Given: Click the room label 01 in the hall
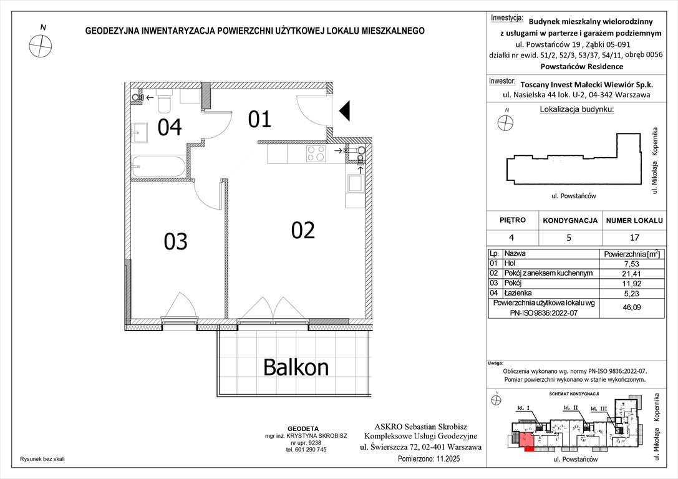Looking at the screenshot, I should (x=259, y=119).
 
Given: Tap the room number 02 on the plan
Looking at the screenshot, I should (x=303, y=230).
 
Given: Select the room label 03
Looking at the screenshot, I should (x=175, y=241).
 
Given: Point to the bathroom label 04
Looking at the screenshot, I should (x=169, y=127).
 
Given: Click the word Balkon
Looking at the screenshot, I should (x=296, y=367).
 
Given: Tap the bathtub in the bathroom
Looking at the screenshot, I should (x=158, y=167).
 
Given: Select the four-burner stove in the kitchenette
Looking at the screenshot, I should (x=315, y=153).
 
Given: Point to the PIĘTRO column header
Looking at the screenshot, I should (x=513, y=220).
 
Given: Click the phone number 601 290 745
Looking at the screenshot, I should (x=306, y=449).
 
